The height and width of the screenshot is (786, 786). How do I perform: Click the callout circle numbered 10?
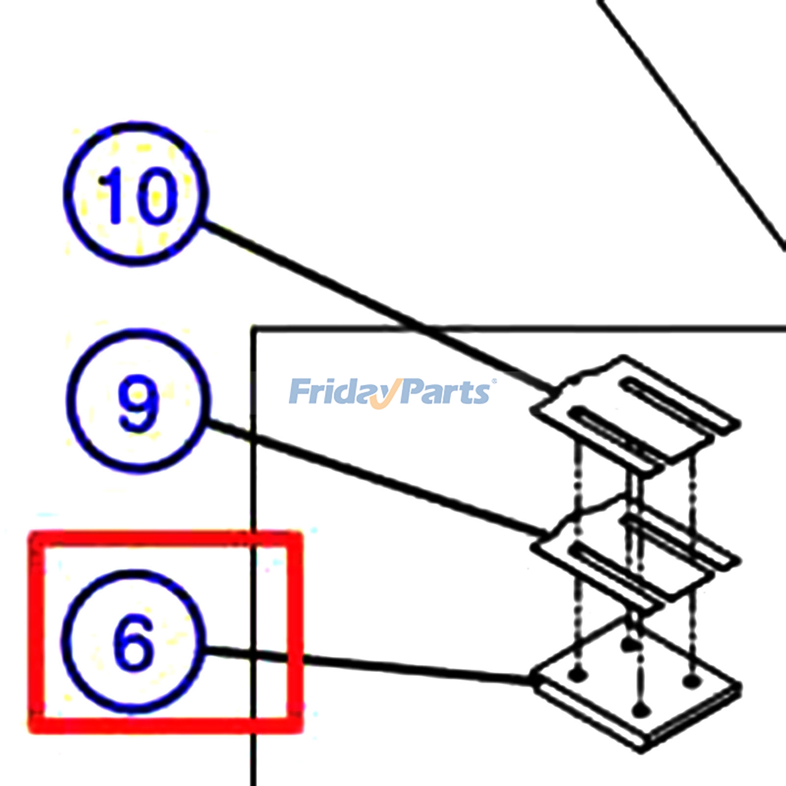[136, 194]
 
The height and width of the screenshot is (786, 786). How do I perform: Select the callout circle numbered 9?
[139, 400]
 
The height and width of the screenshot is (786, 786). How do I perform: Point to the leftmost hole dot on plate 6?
[578, 675]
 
